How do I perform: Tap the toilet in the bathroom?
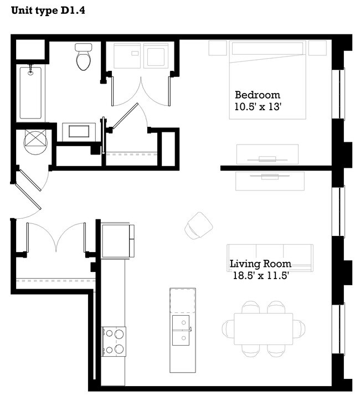(x=84, y=57)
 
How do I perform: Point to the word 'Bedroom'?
(x=257, y=95)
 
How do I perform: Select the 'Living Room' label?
(x=260, y=264)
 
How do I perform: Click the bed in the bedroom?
(x=268, y=80)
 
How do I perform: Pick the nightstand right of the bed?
(x=317, y=48)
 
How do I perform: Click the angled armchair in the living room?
(x=198, y=226)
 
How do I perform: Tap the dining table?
(x=263, y=328)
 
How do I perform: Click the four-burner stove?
(x=114, y=341)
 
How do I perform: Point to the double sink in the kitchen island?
(x=182, y=330)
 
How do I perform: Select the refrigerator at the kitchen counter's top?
(x=118, y=240)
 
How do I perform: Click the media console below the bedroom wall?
(x=270, y=181)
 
